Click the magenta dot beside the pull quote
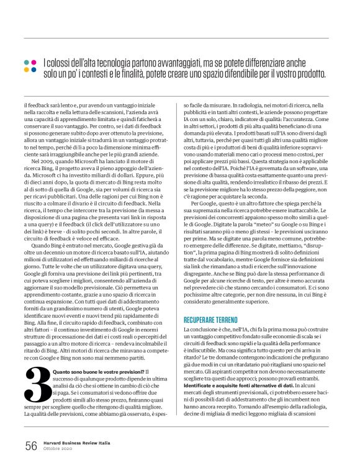tap(26, 62)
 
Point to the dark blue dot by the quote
tap(26, 70)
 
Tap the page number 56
tap(31, 445)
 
